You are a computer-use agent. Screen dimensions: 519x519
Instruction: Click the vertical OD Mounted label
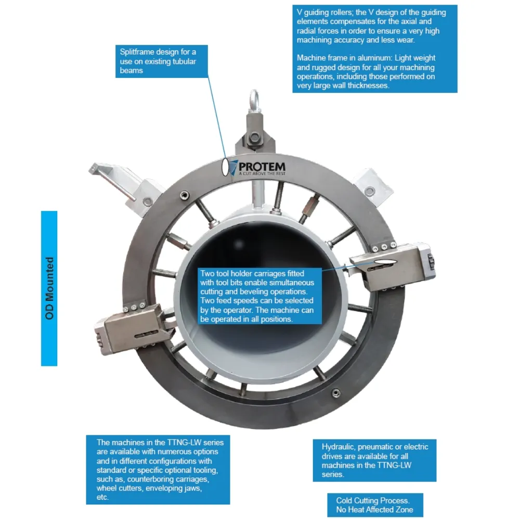tap(49, 288)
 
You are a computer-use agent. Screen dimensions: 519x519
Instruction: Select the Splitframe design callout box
tap(161, 61)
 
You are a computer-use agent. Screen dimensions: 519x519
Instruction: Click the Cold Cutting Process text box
tap(375, 505)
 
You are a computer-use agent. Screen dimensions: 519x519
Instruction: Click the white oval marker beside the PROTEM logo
tap(225, 167)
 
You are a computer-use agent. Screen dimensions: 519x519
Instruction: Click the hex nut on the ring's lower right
tap(336, 393)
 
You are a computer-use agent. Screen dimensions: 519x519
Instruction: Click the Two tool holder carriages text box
tap(259, 296)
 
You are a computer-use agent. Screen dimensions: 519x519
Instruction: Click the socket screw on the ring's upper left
tap(185, 195)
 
